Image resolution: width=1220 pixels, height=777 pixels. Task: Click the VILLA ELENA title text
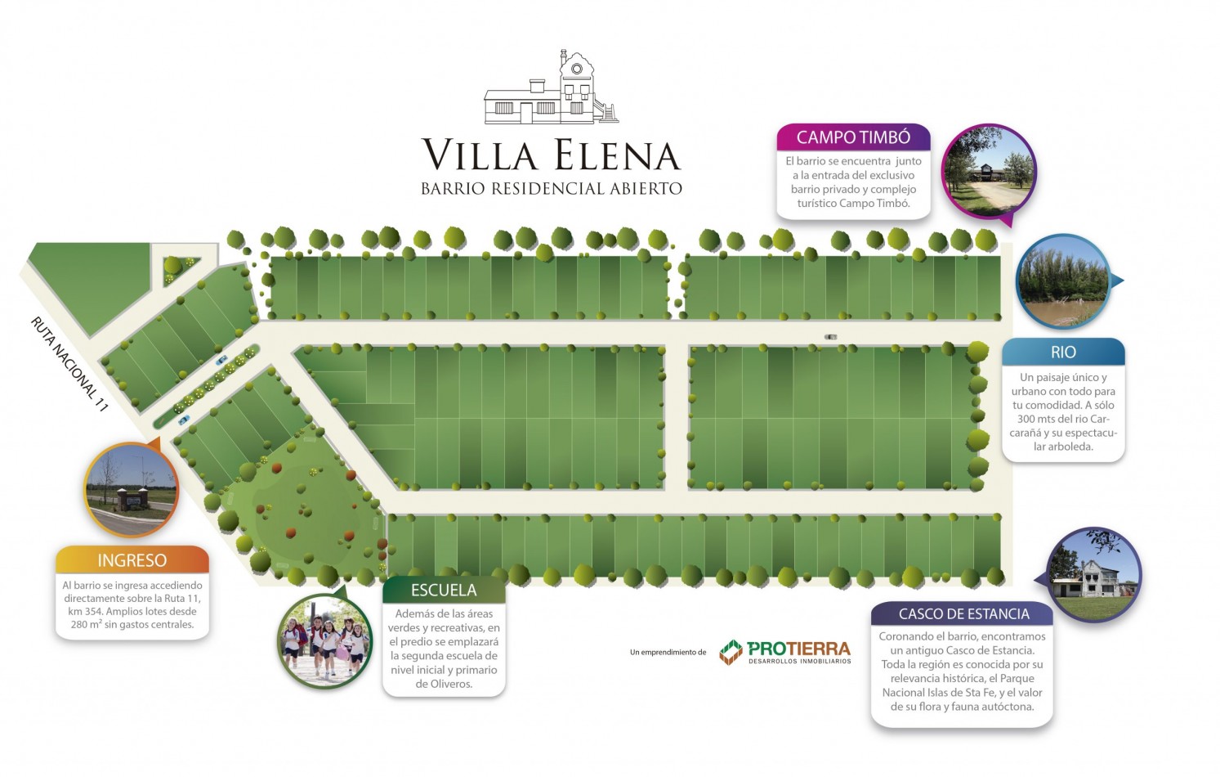[551, 155]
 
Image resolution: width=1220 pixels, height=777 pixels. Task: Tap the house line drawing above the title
[551, 90]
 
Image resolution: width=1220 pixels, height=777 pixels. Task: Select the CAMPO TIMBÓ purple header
[853, 137]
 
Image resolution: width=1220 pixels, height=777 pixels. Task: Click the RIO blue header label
[1063, 353]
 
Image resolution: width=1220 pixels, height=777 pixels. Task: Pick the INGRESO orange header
[132, 560]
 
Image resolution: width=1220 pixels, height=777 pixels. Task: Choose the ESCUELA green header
[444, 590]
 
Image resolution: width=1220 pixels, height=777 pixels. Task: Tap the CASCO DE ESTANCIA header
[963, 614]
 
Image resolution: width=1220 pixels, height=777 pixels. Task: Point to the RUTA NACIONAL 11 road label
[69, 363]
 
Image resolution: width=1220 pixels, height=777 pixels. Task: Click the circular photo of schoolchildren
[325, 641]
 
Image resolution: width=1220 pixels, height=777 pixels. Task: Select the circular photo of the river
[1062, 281]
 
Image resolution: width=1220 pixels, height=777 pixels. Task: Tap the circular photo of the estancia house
[1093, 575]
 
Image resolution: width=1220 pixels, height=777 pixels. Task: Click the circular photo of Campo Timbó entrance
[989, 172]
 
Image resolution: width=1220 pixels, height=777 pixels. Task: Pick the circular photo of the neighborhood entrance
[131, 489]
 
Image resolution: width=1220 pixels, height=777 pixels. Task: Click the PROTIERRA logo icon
[731, 652]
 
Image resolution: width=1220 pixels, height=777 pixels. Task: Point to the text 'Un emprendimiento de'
[668, 653]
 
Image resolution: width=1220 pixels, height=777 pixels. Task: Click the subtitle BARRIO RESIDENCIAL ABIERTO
[551, 189]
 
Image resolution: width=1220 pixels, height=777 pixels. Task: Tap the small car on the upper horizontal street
[831, 336]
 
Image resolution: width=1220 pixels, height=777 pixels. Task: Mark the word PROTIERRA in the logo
[798, 649]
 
